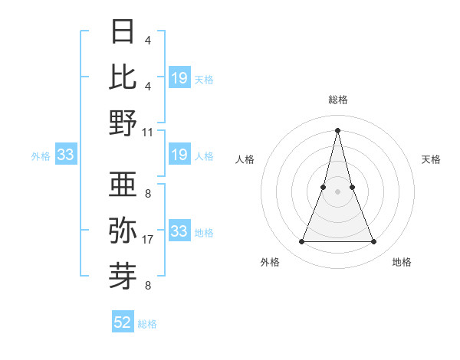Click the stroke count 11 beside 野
point(148,132)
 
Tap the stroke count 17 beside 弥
point(148,240)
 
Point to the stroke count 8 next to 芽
point(148,286)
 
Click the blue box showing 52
point(123,322)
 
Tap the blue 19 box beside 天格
point(179,77)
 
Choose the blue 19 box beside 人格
point(179,155)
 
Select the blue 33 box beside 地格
point(179,231)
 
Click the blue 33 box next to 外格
point(65,155)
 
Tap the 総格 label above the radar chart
point(338,100)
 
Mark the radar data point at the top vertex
point(338,129)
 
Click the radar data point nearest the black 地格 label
point(374,242)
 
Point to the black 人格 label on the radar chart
point(245,159)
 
